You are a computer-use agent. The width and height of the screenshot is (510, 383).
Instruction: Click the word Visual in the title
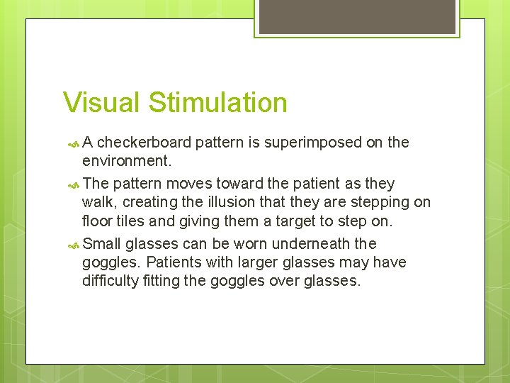click(102, 102)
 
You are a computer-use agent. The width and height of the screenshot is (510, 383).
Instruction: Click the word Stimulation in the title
click(218, 102)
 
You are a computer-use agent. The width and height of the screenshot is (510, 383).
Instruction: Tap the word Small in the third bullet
click(102, 244)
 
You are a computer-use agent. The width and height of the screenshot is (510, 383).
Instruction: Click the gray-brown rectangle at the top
click(356, 16)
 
